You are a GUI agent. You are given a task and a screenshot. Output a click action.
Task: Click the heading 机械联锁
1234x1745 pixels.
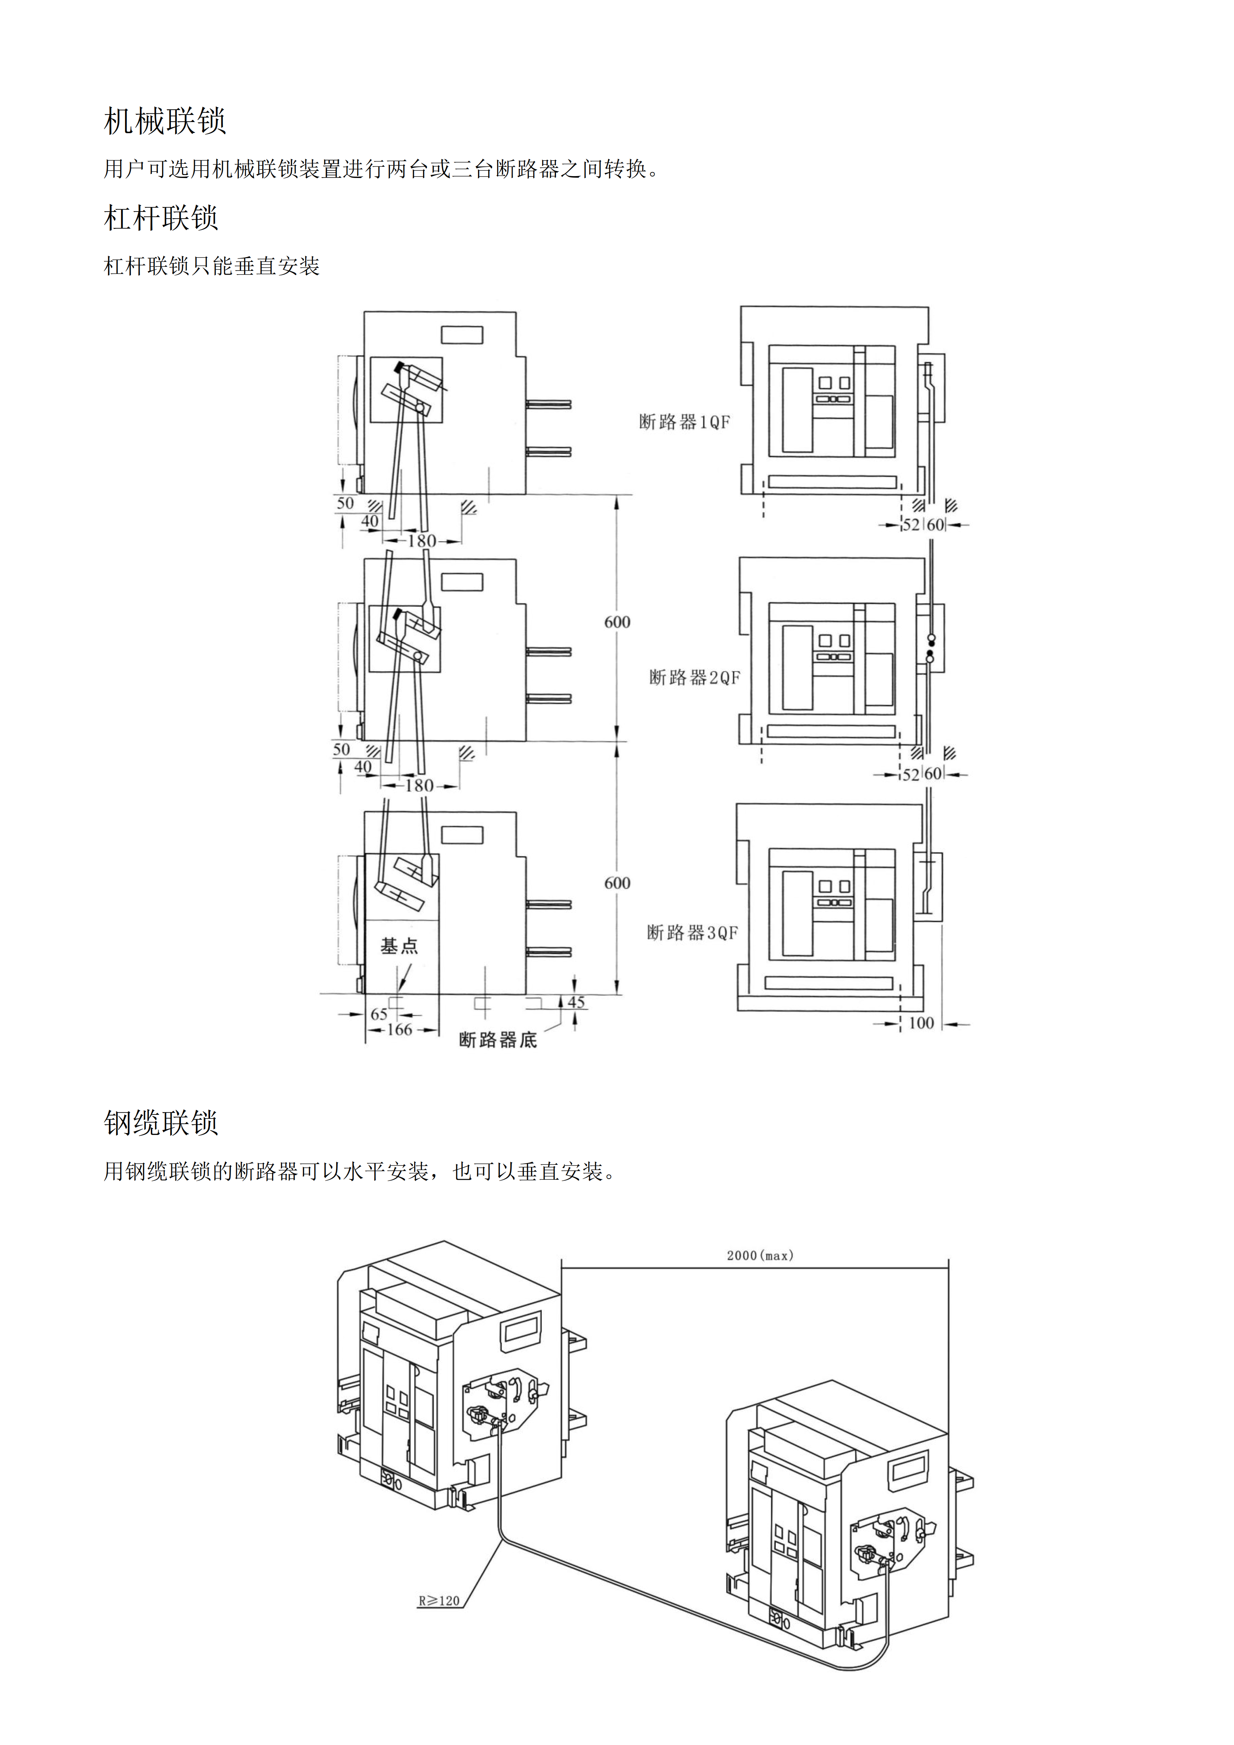pos(165,121)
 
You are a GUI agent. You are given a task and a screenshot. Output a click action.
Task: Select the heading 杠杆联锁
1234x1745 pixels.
pos(161,218)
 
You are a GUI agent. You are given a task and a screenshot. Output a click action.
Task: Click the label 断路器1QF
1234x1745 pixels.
pos(684,422)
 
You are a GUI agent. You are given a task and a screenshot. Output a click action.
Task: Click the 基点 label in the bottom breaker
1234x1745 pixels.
pos(399,946)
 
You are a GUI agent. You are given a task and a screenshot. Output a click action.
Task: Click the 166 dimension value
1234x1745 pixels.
pos(400,1030)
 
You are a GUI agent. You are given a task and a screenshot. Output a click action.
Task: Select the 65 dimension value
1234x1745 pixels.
pos(379,1014)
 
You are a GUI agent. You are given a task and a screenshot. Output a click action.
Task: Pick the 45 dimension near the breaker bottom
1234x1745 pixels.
pos(576,1002)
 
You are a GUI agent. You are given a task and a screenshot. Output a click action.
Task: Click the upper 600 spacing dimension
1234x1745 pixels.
pos(618,622)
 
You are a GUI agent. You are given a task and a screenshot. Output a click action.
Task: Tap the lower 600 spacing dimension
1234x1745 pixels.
pos(618,883)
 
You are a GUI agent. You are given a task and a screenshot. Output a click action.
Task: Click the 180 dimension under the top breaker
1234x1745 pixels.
pos(422,541)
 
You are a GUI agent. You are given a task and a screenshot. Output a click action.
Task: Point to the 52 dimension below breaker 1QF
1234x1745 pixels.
pos(911,525)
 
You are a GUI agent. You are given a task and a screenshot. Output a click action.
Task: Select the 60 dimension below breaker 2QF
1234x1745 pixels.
pos(933,774)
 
